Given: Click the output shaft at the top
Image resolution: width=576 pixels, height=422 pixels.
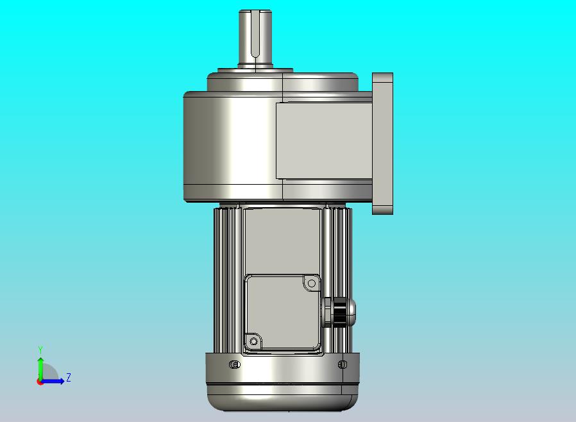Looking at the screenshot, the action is pos(255,38).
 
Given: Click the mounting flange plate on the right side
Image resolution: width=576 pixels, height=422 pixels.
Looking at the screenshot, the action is pos(382,144).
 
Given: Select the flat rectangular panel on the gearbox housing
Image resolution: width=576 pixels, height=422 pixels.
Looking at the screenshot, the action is pos(324,140).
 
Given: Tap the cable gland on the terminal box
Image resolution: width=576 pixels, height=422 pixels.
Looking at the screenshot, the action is pos(339,312).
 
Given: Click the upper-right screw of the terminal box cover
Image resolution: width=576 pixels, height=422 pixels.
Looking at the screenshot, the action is pos(312,283).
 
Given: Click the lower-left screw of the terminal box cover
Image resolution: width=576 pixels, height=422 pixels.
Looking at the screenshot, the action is pos(253,342).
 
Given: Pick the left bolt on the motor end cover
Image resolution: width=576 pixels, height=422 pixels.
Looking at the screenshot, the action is pos(235,364).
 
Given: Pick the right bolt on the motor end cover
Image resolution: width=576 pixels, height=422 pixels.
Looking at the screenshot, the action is pos(343,364).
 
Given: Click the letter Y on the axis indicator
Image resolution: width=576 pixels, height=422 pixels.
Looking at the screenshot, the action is pos(40,350).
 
